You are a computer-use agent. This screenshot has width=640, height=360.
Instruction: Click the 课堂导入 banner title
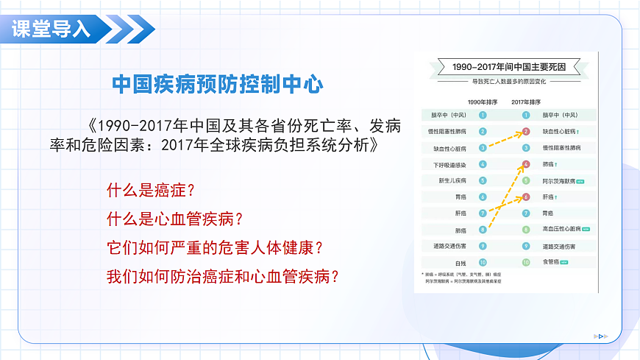click(51, 29)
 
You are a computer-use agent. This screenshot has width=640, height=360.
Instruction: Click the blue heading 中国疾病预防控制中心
click(218, 84)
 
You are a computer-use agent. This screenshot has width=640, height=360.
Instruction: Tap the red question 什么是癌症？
click(151, 191)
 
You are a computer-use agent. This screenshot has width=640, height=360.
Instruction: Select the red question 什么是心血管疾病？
click(175, 219)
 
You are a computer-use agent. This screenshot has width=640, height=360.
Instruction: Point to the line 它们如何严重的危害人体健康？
click(216, 247)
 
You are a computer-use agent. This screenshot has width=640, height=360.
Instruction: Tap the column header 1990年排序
click(482, 102)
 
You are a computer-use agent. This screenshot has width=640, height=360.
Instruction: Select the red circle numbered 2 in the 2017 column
click(526, 132)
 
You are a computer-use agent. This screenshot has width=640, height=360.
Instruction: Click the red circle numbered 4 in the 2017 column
click(526, 164)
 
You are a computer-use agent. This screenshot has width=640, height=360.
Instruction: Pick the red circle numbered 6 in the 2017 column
click(526, 197)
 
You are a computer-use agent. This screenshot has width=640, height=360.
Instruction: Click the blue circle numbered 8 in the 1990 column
click(483, 230)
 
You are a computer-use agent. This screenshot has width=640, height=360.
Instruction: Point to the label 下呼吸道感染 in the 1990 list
click(450, 164)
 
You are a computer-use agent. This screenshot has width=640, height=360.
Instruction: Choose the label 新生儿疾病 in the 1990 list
click(452, 180)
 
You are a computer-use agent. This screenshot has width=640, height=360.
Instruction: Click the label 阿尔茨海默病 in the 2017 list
click(557, 180)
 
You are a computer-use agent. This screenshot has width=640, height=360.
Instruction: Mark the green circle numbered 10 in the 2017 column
click(526, 261)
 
